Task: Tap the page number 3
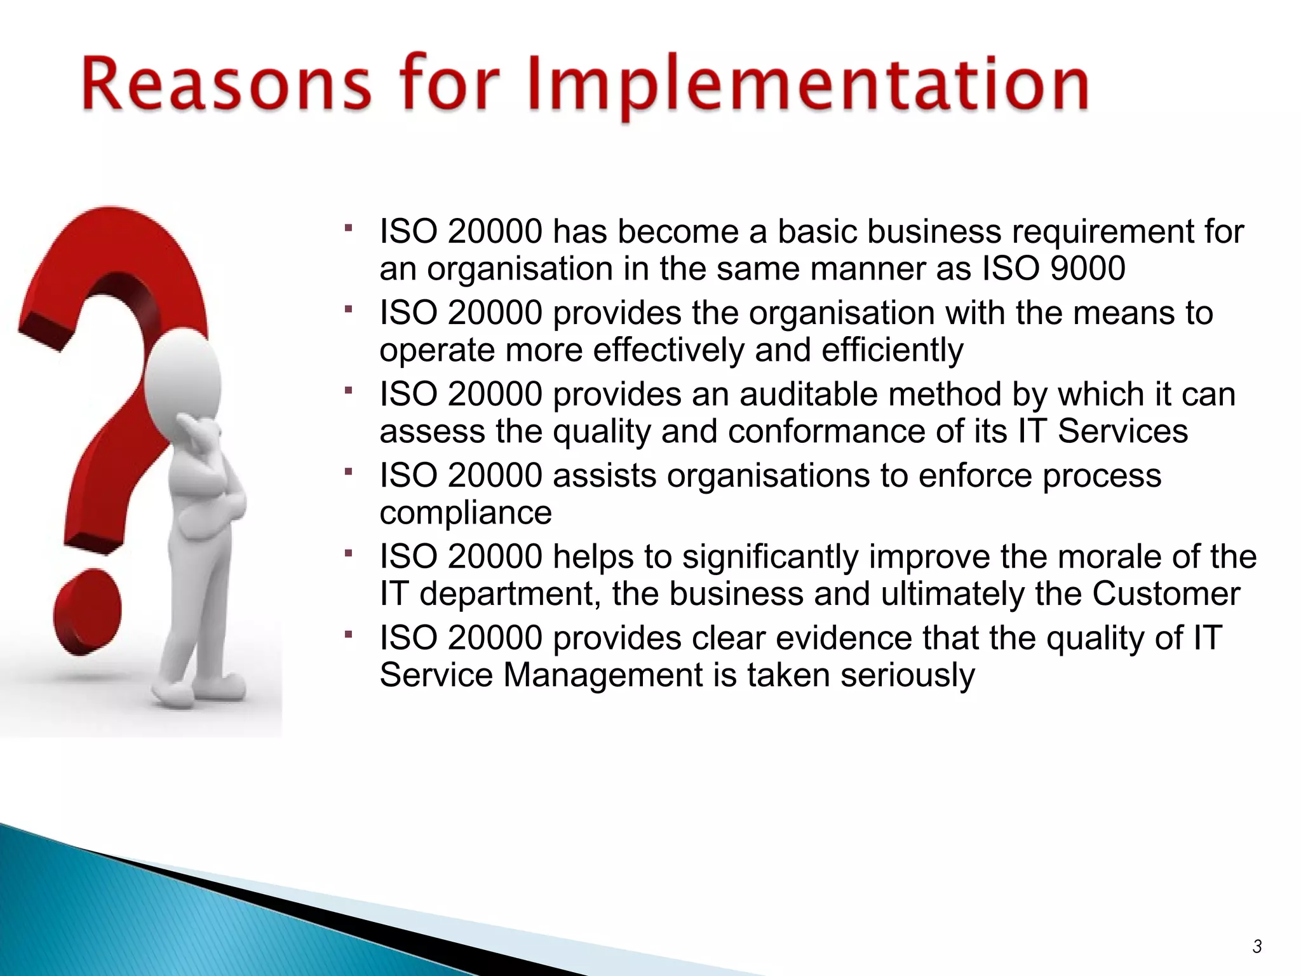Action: [x=1257, y=946]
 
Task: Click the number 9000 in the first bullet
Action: [x=1088, y=268]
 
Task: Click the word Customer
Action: [x=1166, y=594]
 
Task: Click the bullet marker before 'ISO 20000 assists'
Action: [x=348, y=471]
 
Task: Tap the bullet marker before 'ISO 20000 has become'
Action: [x=348, y=227]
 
